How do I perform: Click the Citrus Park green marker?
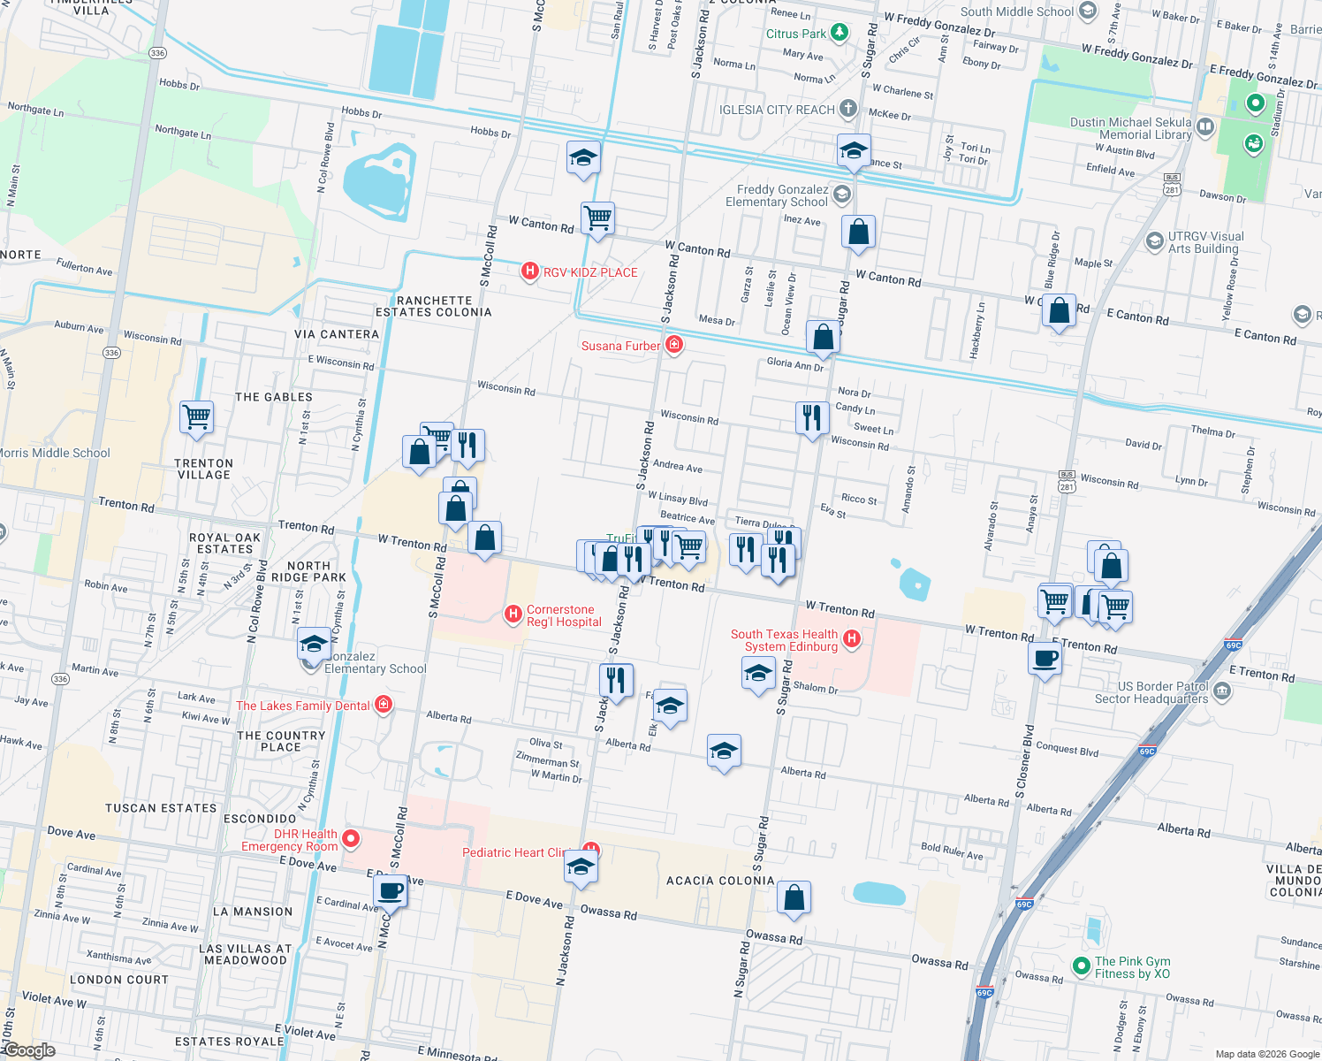[840, 34]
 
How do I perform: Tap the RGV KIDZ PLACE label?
[589, 272]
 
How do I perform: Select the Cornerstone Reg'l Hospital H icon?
[513, 614]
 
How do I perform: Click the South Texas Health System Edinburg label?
[784, 640]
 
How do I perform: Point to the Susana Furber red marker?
[674, 345]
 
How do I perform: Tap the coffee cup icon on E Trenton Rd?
[1045, 659]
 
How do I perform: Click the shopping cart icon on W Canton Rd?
[598, 217]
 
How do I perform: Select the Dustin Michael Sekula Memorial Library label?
[1130, 128]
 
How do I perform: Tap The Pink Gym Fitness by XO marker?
[1081, 966]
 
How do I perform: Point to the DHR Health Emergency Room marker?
[351, 838]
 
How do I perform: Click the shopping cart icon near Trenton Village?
[196, 416]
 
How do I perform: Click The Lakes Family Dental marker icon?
[384, 704]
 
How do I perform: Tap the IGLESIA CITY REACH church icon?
[847, 109]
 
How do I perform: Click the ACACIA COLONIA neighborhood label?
[720, 881]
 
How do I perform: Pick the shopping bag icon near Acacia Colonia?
[794, 897]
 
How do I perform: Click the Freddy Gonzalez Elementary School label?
[777, 195]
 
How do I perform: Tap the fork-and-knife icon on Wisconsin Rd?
[812, 416]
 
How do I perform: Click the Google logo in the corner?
[29, 1050]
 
